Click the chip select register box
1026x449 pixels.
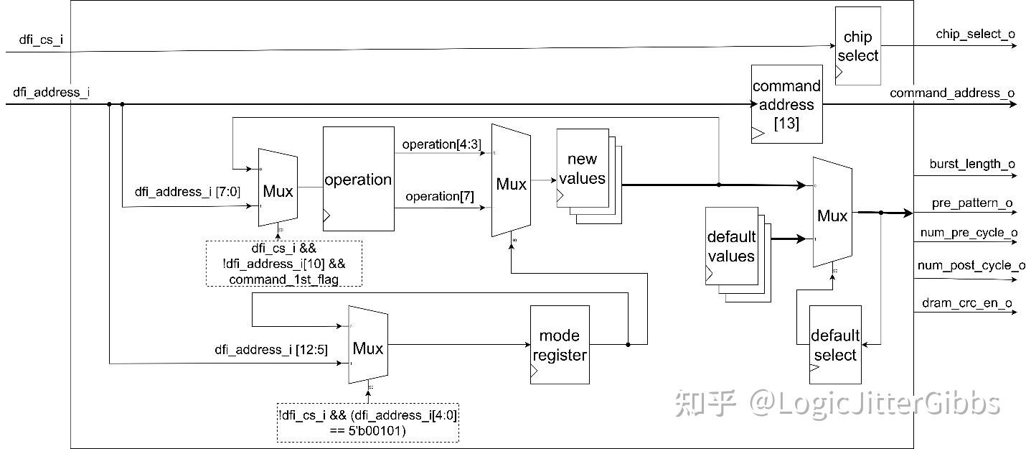click(x=857, y=46)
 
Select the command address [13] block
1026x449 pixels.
click(x=786, y=104)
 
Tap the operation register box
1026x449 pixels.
click(x=358, y=179)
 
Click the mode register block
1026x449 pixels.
click(x=560, y=345)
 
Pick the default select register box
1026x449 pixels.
click(x=834, y=345)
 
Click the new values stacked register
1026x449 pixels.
click(x=582, y=169)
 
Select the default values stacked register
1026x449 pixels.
click(x=731, y=246)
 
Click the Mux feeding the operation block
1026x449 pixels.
click(x=278, y=190)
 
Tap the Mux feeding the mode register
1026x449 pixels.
click(x=368, y=348)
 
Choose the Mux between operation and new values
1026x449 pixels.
click(x=511, y=184)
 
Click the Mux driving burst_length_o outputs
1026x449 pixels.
click(x=832, y=215)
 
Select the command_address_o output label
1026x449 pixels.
click(x=951, y=93)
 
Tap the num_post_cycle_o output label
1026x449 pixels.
click(x=971, y=266)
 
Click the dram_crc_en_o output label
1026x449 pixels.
click(x=966, y=303)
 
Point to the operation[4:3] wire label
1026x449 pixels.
click(x=441, y=144)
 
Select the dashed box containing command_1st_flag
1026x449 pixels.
click(x=283, y=264)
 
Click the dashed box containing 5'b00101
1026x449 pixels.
click(x=368, y=422)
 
